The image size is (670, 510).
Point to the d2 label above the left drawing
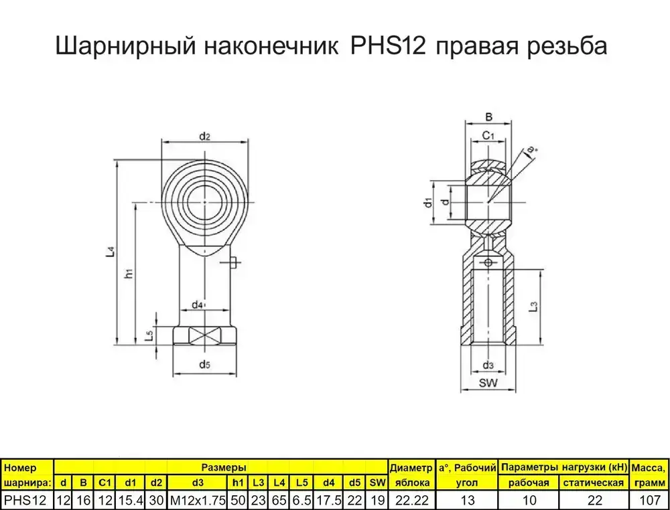205,137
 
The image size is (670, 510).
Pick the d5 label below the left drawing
204,365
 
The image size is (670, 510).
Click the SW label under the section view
488,384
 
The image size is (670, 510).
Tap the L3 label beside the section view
533,307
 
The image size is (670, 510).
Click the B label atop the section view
488,116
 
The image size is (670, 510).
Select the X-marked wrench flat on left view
205,335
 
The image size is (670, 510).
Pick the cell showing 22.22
412,500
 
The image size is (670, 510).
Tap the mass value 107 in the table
648,500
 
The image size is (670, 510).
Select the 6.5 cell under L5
301,500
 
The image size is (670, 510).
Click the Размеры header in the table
222,467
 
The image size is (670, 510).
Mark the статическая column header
593,483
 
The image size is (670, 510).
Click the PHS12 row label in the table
25,500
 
